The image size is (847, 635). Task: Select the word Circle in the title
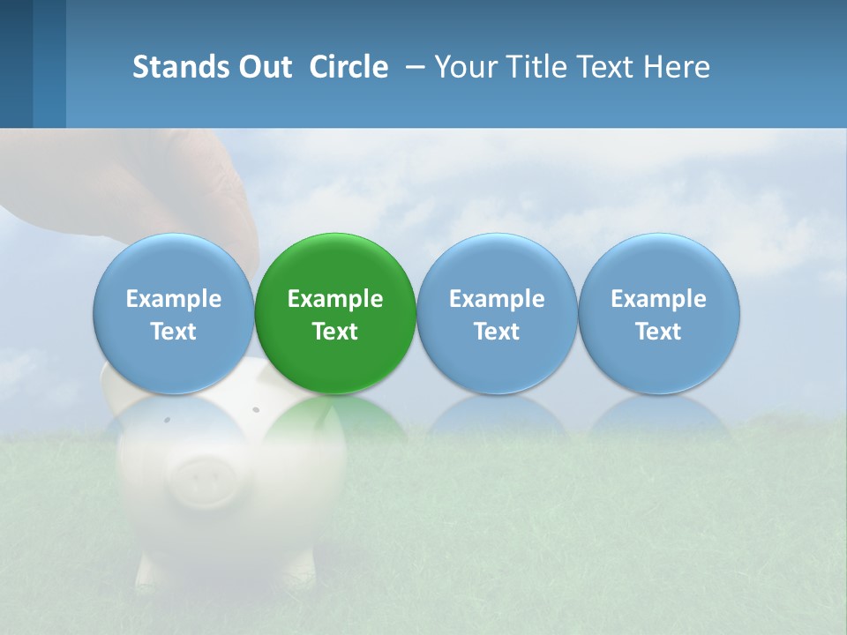(x=349, y=67)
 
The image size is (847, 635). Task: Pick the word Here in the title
(x=678, y=67)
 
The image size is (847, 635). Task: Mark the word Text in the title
(x=614, y=67)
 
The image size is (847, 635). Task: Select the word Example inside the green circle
(x=335, y=299)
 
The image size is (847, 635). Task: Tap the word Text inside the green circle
(x=335, y=332)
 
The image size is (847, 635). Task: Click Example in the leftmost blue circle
(x=174, y=299)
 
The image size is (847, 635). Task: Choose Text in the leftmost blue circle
(x=174, y=332)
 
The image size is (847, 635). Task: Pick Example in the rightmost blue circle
(x=658, y=299)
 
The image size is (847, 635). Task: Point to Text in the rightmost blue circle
(x=658, y=332)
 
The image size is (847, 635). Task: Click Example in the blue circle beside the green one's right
(x=497, y=299)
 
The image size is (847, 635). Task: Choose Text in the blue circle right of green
(x=497, y=332)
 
